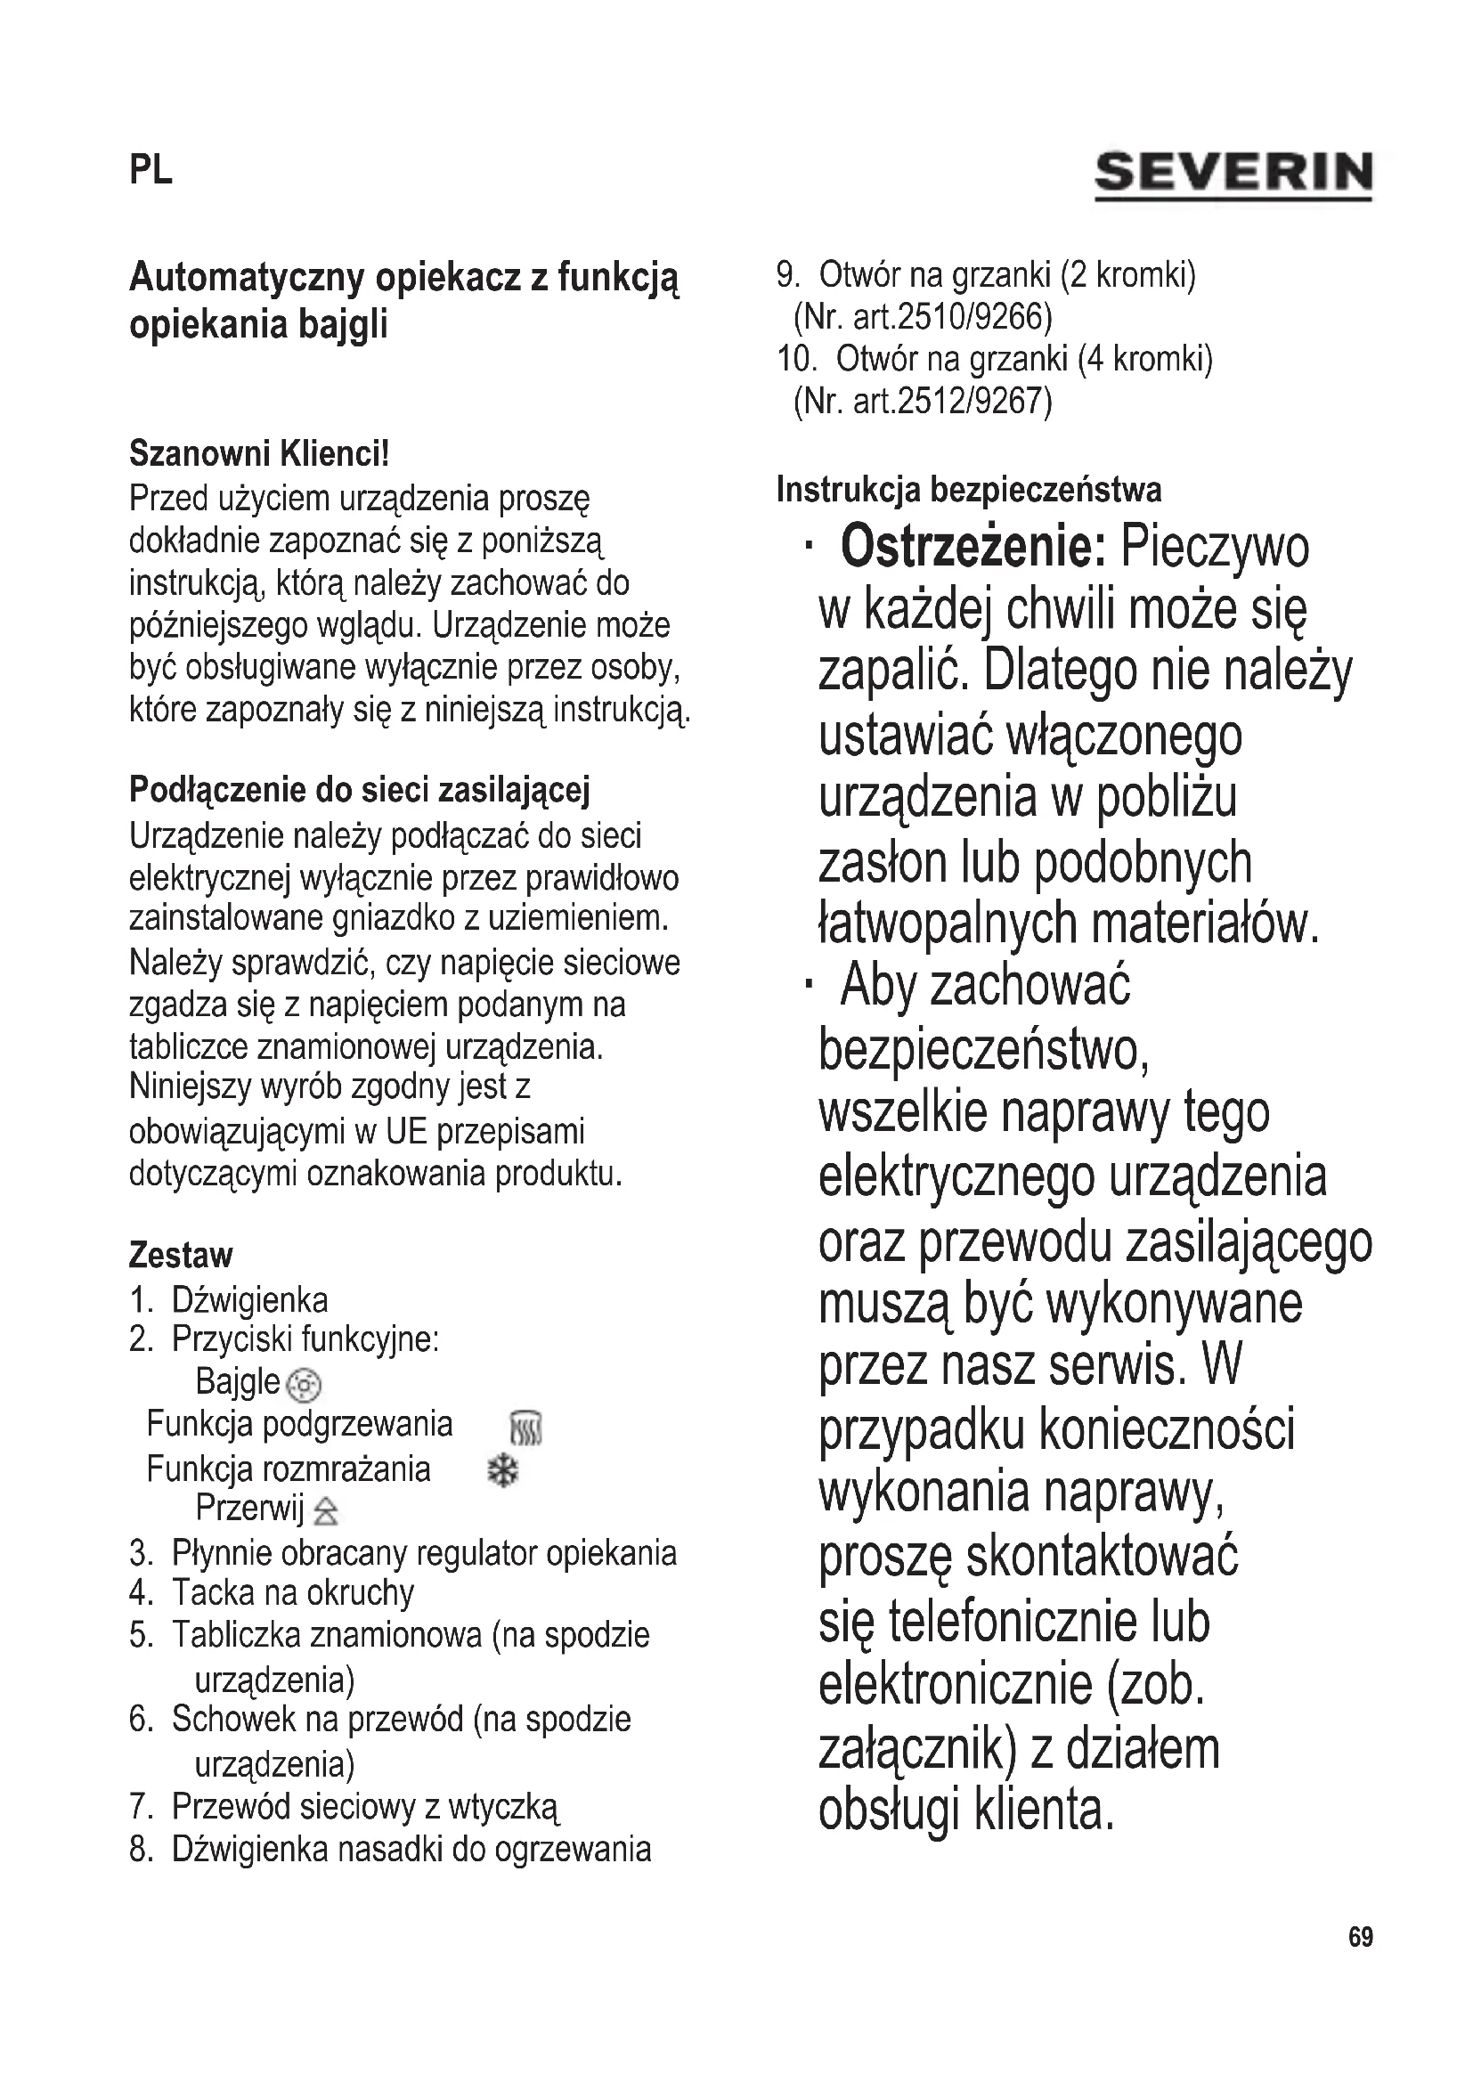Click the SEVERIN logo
click(x=1233, y=174)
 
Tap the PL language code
click(x=151, y=171)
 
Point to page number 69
click(x=1361, y=1937)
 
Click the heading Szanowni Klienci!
click(x=259, y=452)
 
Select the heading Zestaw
click(x=181, y=1256)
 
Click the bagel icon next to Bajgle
click(x=304, y=1385)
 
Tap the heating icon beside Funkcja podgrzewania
click(x=527, y=1428)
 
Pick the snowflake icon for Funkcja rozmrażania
click(x=502, y=1470)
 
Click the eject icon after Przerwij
click(x=326, y=1511)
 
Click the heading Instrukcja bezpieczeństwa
click(x=969, y=490)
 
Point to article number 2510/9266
click(x=973, y=317)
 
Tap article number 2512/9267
click(x=973, y=400)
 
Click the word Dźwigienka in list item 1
click(x=249, y=1300)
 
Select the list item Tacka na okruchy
click(x=292, y=1592)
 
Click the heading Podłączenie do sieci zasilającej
click(x=359, y=789)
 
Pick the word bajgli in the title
click(x=343, y=324)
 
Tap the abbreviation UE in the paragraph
click(x=406, y=1131)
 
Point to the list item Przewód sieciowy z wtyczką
click(x=364, y=1806)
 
